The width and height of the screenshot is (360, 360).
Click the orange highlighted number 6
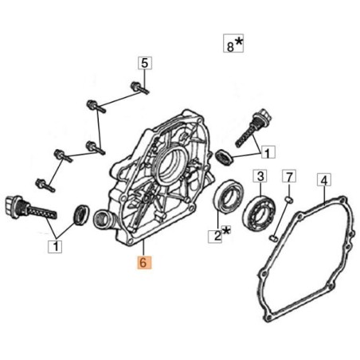144,262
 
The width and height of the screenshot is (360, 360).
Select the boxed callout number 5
145,63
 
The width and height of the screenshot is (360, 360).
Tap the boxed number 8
230,46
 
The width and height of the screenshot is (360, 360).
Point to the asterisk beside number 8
239,41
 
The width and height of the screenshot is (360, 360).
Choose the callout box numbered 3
260,176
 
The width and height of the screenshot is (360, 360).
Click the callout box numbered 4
324,180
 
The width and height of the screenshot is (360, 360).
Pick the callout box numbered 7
289,176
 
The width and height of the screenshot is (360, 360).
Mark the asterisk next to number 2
226,230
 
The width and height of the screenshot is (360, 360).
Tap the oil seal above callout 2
229,197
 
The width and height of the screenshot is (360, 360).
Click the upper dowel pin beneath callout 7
289,199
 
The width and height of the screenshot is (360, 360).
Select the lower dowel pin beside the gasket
274,237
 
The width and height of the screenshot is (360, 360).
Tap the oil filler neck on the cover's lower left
104,220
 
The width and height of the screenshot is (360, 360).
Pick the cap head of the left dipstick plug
14,207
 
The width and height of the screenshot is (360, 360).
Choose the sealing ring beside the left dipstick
81,214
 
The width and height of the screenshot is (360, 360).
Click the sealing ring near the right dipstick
225,157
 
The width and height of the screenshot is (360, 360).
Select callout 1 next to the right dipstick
268,152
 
